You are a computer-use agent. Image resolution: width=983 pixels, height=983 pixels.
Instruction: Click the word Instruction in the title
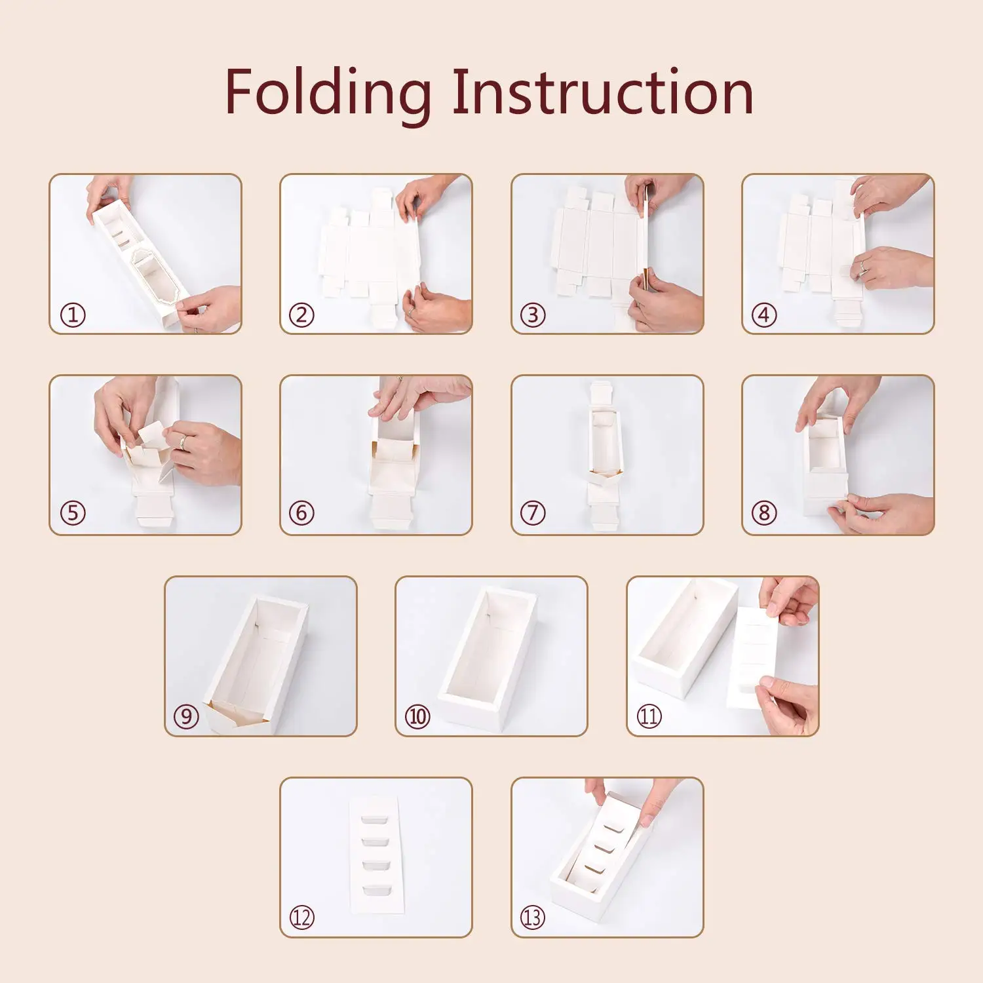click(x=603, y=92)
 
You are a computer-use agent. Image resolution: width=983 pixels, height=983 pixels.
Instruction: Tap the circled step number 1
click(x=73, y=315)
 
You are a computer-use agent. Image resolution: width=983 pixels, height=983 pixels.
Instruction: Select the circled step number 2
click(x=301, y=315)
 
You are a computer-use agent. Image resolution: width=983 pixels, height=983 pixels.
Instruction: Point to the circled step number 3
click(x=533, y=315)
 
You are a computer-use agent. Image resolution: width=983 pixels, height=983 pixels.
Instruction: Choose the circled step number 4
click(x=763, y=315)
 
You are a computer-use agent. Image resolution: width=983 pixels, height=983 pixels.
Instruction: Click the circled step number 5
click(x=73, y=512)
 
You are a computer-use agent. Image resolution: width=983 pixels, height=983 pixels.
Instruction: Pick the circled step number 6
click(x=301, y=512)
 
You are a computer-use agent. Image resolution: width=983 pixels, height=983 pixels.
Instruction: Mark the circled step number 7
click(x=533, y=512)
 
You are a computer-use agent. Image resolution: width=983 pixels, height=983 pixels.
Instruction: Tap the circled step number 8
click(x=763, y=512)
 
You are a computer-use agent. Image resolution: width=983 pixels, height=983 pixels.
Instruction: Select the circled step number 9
click(x=186, y=716)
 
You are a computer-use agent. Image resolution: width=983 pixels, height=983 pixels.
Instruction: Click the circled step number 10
click(x=417, y=716)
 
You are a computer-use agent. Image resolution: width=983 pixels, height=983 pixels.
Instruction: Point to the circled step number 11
click(x=649, y=716)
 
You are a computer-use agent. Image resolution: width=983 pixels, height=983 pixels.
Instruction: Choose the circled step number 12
click(x=301, y=917)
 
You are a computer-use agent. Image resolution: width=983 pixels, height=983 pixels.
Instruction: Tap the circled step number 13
click(x=533, y=917)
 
